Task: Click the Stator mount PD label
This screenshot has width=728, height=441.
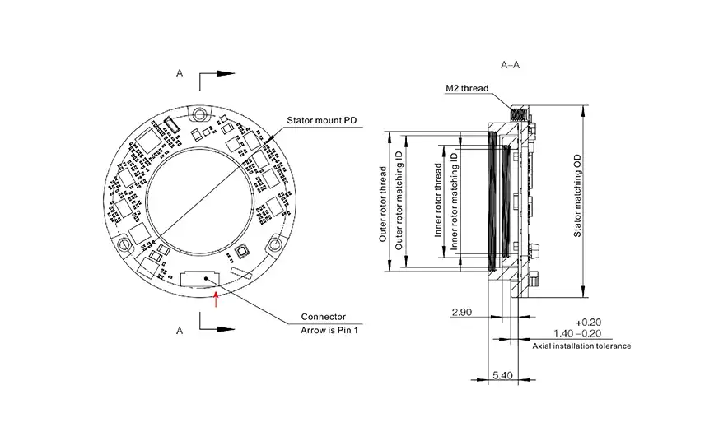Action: pyautogui.click(x=322, y=120)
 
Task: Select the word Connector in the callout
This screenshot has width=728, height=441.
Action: pyautogui.click(x=323, y=317)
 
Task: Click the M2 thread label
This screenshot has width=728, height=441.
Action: pyautogui.click(x=467, y=89)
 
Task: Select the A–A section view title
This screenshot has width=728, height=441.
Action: pyautogui.click(x=510, y=63)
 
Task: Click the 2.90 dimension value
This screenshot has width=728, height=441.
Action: pyautogui.click(x=461, y=313)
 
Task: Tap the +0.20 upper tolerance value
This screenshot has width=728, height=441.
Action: pyautogui.click(x=590, y=322)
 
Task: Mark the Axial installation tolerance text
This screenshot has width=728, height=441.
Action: pyautogui.click(x=581, y=346)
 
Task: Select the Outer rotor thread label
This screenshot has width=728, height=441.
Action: pyautogui.click(x=383, y=203)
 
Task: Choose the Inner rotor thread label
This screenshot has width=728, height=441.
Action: pyautogui.click(x=438, y=200)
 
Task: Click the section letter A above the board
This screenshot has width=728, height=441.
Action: pyautogui.click(x=179, y=72)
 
